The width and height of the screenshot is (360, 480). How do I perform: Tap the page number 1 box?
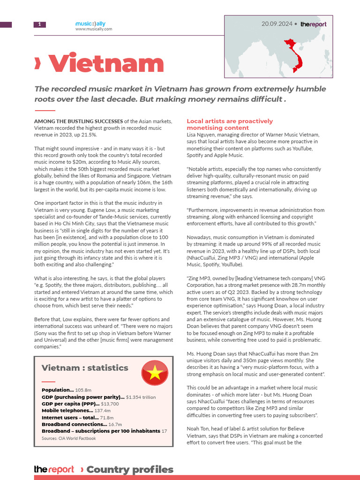point(39,24)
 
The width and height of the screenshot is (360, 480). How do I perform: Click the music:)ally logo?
point(93,23)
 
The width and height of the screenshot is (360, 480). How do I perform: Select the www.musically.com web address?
point(93,29)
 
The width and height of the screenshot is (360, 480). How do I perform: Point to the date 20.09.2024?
point(277,24)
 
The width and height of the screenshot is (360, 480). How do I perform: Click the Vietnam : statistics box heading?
point(85,368)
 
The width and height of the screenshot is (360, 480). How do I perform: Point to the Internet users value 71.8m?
point(107,417)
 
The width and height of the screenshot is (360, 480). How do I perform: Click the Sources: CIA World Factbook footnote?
point(68,438)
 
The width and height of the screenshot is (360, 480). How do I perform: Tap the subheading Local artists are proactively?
point(230,121)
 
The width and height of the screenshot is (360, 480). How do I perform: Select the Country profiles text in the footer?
point(130,469)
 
